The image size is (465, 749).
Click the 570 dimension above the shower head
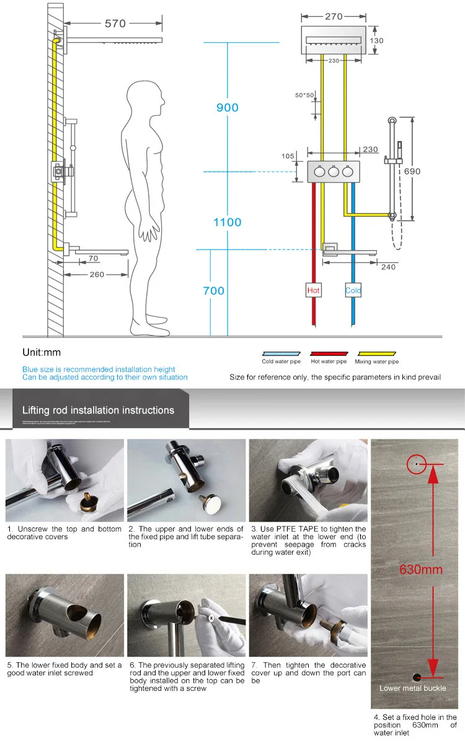coord(115,24)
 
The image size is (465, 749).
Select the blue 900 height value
coord(227,108)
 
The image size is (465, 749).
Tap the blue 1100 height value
coord(228,222)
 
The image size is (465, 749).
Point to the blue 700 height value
coord(213,290)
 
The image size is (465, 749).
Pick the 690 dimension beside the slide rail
coord(412,171)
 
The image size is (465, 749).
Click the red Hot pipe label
coord(314,290)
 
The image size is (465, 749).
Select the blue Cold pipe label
coord(353,290)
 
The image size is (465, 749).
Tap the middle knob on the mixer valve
coord(334,173)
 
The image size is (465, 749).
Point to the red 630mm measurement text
coord(420,569)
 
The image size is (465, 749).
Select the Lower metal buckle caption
coord(413,688)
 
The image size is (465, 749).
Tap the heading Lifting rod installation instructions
coord(98,410)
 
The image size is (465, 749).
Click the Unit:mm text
coord(42,352)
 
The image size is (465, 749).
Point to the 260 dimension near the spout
coord(97,274)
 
